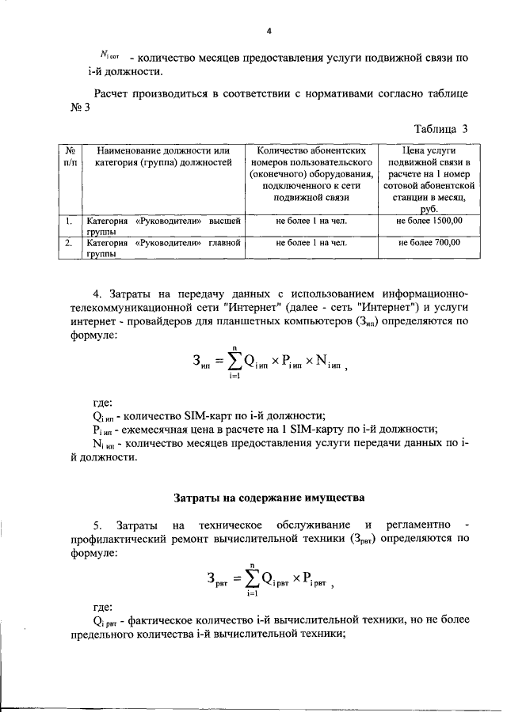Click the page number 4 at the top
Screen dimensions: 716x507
pos(269,31)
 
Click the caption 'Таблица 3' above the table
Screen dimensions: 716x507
pos(441,128)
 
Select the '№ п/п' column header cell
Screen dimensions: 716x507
pos(70,156)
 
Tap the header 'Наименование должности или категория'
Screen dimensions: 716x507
pos(162,156)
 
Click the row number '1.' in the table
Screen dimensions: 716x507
pos(70,221)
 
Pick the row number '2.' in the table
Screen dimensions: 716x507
pos(70,243)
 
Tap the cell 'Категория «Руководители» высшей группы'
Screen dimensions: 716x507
pos(162,226)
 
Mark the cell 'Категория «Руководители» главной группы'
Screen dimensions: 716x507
pos(162,248)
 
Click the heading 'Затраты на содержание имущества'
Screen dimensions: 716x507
pos(269,498)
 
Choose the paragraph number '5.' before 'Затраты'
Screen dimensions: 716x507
pos(97,525)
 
